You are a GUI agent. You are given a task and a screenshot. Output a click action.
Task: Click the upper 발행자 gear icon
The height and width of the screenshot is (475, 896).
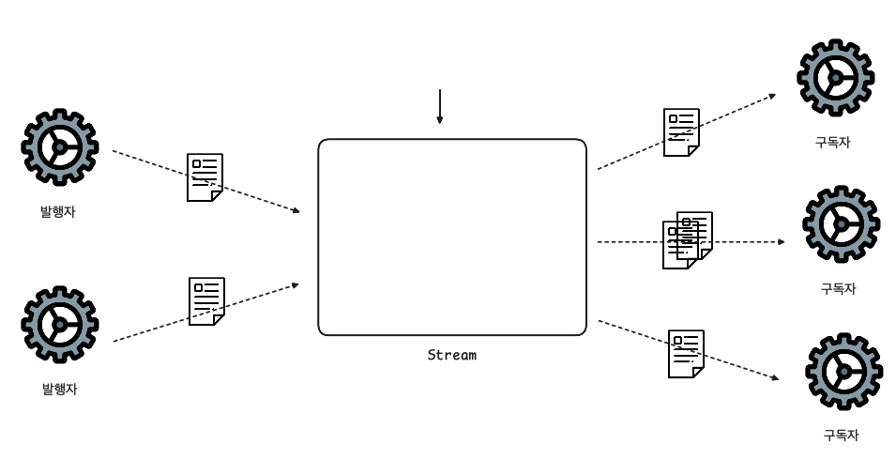tap(59, 146)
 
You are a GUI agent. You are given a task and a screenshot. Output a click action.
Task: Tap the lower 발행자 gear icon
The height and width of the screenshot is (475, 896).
tap(59, 324)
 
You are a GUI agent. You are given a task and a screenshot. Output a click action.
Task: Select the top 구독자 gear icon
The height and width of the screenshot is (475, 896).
tap(835, 77)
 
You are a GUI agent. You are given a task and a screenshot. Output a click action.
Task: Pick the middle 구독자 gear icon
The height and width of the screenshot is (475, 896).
tap(841, 223)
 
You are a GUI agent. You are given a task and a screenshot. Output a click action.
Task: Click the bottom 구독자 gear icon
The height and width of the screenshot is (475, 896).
tap(843, 371)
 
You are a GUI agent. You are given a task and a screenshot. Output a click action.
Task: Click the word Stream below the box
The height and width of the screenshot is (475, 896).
tap(451, 355)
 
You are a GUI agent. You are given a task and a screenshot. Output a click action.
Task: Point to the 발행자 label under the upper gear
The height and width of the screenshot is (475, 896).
tap(58, 212)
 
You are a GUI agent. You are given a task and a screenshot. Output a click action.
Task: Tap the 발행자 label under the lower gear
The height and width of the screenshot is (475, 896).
tap(59, 389)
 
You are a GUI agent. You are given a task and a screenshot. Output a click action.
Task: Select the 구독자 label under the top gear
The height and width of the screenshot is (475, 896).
tap(833, 143)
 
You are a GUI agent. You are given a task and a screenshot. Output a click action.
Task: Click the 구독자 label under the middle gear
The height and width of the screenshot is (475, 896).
tap(839, 289)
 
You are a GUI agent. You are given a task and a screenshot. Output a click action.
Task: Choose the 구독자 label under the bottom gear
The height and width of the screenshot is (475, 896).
tap(841, 436)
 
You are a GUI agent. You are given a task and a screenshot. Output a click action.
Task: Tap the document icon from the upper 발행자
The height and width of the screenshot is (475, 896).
tap(205, 176)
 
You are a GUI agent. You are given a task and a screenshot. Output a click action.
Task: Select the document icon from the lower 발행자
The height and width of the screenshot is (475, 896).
tap(206, 300)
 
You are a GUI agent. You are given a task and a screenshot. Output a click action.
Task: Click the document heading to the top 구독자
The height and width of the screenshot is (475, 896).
tap(681, 131)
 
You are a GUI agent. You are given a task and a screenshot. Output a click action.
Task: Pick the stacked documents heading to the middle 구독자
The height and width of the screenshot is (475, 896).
tap(687, 240)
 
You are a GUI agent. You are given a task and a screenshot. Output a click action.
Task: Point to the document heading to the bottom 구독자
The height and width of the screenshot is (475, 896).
tap(686, 354)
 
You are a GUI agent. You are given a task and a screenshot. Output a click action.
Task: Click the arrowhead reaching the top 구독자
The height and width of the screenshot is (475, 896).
tap(772, 95)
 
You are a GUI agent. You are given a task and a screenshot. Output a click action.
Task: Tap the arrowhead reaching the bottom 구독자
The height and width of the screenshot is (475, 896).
tap(774, 378)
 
